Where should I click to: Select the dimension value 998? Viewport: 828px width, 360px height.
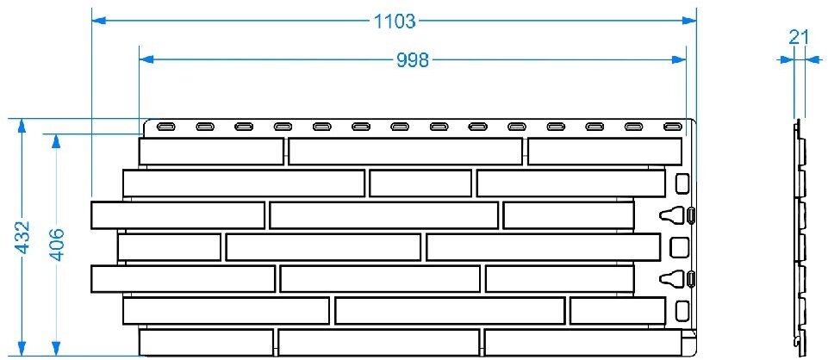(x=413, y=59)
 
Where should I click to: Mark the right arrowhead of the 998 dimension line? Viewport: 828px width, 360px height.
(x=680, y=59)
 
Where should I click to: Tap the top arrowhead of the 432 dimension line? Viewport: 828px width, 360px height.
(x=22, y=126)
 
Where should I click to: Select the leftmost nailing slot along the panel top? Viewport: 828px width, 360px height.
(x=166, y=127)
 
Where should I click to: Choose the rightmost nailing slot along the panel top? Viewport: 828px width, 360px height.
(x=673, y=127)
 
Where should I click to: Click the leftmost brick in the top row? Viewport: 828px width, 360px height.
(x=211, y=152)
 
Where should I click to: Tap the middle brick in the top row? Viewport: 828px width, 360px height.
(x=405, y=152)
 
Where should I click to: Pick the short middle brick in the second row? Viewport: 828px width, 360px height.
(x=420, y=183)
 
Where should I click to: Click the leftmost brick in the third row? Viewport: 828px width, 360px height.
(x=177, y=215)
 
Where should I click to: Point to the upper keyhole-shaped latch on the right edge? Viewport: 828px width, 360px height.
(x=678, y=214)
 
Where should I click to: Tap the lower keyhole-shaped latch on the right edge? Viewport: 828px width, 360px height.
(x=678, y=278)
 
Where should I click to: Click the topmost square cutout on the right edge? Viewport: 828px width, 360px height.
(x=682, y=183)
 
